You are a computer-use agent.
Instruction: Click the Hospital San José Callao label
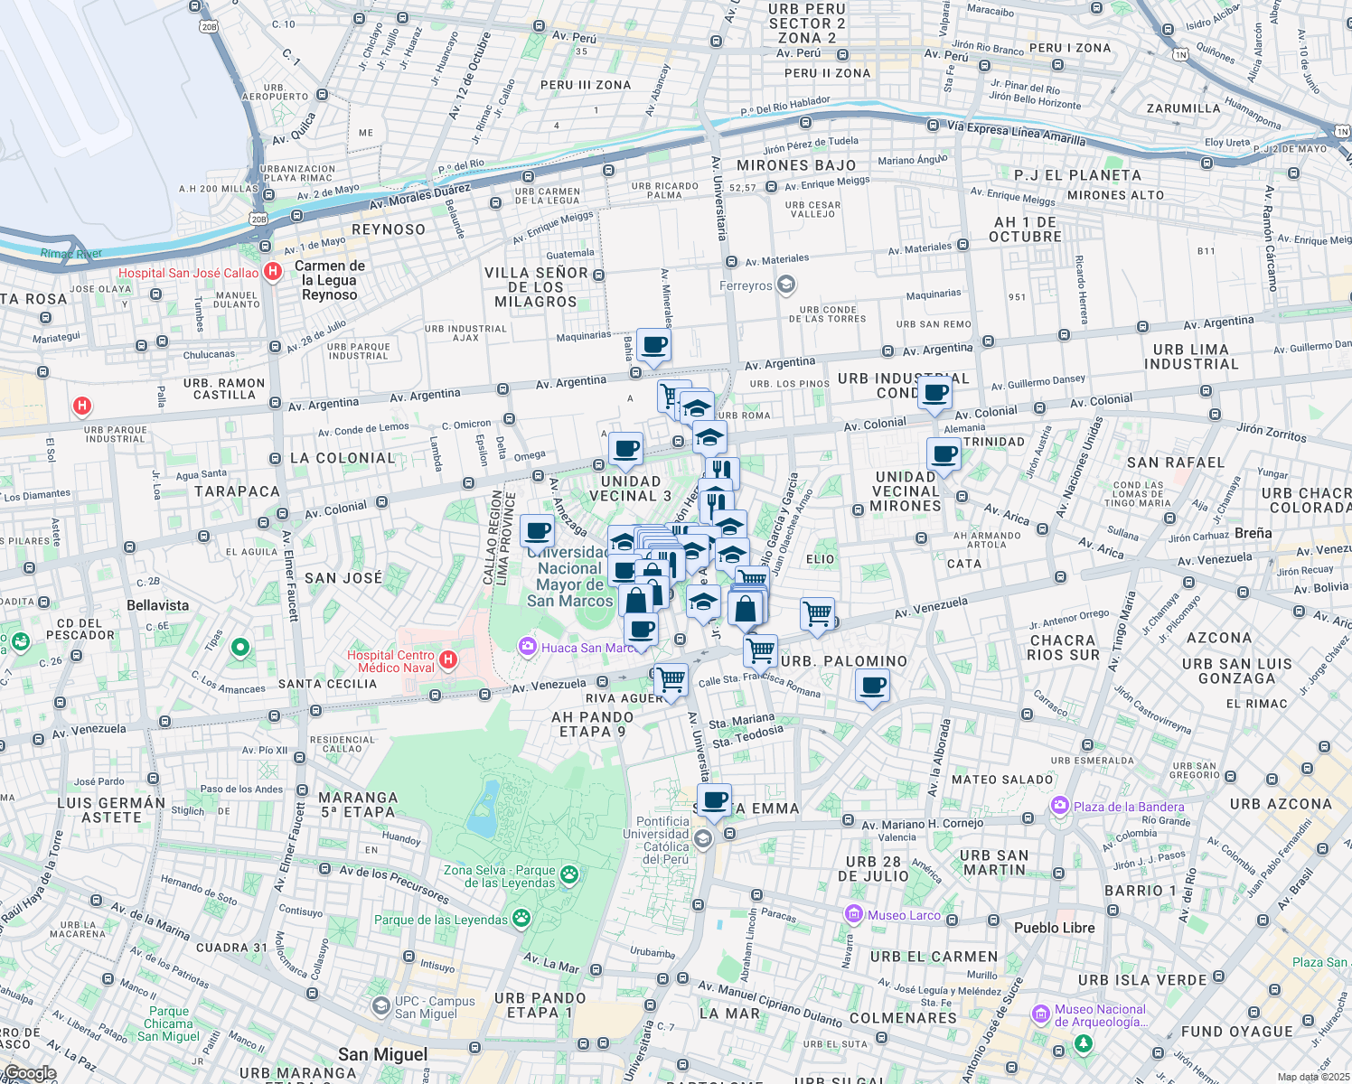[x=188, y=273]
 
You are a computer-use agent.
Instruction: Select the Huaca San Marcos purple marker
[x=527, y=647]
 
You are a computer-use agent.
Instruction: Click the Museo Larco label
[x=903, y=915]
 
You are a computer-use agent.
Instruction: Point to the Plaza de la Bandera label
[x=1128, y=807]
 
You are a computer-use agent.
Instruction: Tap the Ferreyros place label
[x=746, y=285]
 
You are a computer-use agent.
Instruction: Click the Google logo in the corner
[x=29, y=1073]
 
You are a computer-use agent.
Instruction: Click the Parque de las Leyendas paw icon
[x=521, y=919]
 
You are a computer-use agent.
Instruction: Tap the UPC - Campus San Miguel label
[x=434, y=1007]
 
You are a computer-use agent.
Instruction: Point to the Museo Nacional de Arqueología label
[x=1100, y=1015]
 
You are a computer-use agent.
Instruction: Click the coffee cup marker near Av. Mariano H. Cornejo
[x=714, y=800]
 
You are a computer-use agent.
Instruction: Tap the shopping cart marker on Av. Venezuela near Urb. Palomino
[x=817, y=613]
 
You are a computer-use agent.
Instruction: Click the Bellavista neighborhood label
[x=158, y=605]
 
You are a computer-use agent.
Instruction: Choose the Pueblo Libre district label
[x=1054, y=928]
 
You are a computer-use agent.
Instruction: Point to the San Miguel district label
[x=382, y=1054]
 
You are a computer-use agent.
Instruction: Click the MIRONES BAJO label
[x=796, y=165]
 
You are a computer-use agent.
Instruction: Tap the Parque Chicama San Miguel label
[x=169, y=1023]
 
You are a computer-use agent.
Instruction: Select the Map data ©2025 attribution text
[x=1313, y=1077]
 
